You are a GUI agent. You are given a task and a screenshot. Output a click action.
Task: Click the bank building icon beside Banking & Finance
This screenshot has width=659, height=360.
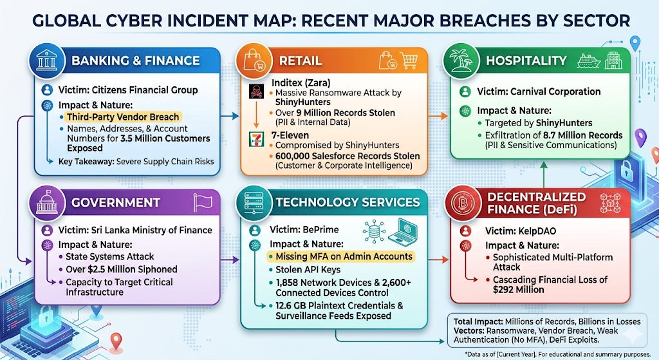[46, 61]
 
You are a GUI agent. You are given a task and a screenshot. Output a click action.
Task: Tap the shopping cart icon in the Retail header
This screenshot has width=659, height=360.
[409, 60]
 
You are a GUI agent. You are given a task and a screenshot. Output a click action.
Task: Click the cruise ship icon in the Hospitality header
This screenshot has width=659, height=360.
[588, 61]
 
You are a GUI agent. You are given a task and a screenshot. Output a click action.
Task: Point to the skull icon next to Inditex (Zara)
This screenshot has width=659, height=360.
[256, 91]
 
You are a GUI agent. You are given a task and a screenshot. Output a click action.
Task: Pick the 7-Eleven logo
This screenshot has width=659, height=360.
[256, 139]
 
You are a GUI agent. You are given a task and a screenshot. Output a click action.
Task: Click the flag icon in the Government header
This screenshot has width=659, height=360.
[203, 202]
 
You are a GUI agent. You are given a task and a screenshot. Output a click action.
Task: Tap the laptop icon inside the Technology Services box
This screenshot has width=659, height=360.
[403, 231]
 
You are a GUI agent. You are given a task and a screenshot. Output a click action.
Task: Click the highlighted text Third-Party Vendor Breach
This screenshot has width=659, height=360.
[123, 117]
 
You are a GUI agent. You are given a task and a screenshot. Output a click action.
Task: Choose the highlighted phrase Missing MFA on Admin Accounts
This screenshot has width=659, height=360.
[344, 256]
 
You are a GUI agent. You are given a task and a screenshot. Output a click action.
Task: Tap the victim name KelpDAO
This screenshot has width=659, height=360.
[532, 231]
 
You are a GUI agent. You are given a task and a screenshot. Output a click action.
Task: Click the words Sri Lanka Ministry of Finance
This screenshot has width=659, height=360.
[152, 230]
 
